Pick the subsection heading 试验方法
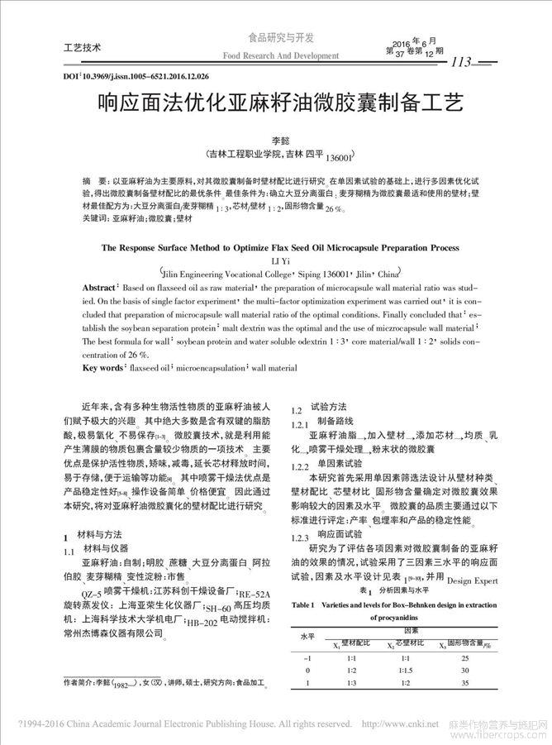tap(328, 408)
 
